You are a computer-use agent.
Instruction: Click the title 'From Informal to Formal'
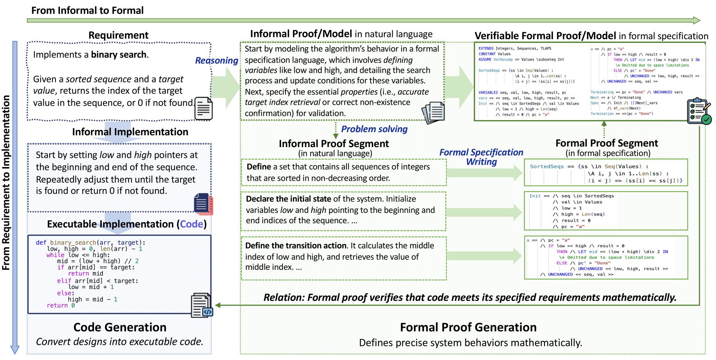[87, 10]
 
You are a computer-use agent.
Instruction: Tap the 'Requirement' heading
[118, 35]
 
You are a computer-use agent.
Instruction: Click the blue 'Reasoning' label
[216, 60]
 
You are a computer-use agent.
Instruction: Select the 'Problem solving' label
[374, 129]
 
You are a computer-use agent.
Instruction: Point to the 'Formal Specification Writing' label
[481, 157]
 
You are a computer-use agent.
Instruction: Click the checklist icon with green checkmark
[699, 111]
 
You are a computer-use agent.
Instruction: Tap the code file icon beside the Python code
[202, 305]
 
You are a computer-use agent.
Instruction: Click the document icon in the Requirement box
[203, 109]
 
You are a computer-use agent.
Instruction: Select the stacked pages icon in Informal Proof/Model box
[433, 113]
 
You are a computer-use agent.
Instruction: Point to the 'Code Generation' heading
[120, 327]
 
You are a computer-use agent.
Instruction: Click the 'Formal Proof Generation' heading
[468, 327]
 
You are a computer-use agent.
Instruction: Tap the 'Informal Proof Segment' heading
[334, 143]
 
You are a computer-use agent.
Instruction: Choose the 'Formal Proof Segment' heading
[607, 143]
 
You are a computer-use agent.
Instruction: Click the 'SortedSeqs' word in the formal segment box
[547, 166]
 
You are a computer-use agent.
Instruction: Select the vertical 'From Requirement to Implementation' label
[6, 183]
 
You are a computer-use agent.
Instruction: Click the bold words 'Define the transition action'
[296, 246]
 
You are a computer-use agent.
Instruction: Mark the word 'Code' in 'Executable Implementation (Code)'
[192, 224]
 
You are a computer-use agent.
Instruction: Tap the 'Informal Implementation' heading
[130, 132]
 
